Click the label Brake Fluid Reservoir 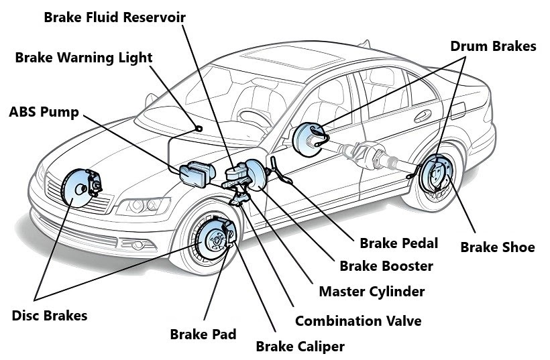click(x=115, y=16)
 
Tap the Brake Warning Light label click(x=84, y=58)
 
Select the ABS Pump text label click(x=44, y=111)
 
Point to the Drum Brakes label click(x=493, y=46)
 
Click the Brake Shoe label click(x=497, y=247)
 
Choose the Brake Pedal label click(x=398, y=243)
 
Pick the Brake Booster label click(x=386, y=266)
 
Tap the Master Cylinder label click(x=372, y=292)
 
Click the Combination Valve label click(x=358, y=321)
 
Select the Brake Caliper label click(x=300, y=347)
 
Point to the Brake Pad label click(x=203, y=334)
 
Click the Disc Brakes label click(x=50, y=315)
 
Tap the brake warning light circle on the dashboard click(x=199, y=129)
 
